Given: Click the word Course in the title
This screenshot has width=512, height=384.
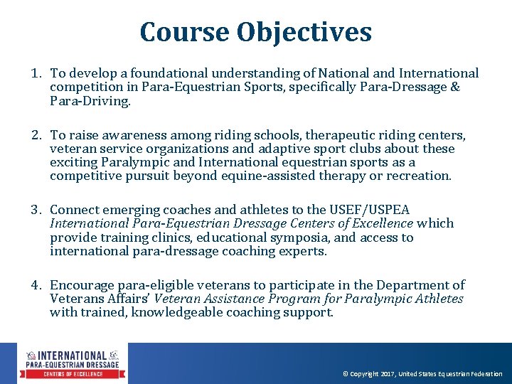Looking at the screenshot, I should pos(184,32).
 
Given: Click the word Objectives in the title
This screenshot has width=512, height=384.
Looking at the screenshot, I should pos(304,32).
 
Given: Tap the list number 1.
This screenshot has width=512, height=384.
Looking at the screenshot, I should pos(35,73).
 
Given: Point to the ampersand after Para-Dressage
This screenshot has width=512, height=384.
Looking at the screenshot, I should pos(454,87).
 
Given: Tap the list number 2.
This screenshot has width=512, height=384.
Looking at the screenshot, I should pos(35,135).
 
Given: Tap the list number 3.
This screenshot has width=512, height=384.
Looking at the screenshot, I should pos(35,210).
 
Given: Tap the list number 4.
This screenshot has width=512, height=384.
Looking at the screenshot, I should pos(35,285).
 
